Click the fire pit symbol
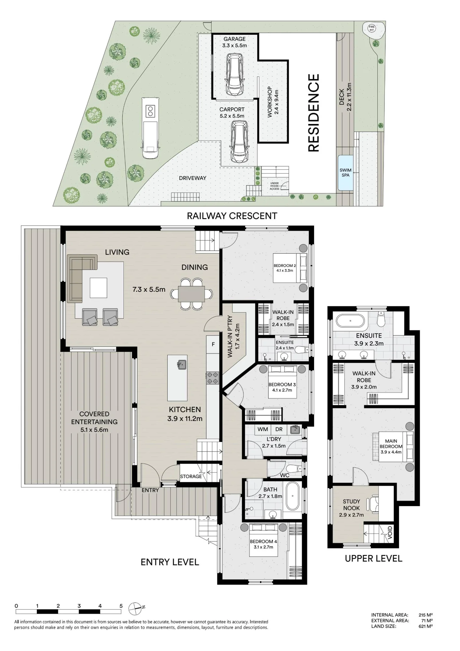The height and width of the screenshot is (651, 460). click(x=371, y=28)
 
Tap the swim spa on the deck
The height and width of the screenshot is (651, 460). click(x=345, y=173)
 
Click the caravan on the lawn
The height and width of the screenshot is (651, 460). click(x=150, y=127)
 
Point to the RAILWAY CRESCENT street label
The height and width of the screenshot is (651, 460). click(x=232, y=216)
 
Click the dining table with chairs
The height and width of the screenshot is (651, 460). click(x=191, y=294)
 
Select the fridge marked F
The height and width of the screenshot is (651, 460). click(x=213, y=344)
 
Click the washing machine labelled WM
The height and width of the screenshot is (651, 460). click(x=263, y=429)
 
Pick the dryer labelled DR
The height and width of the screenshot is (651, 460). click(x=279, y=429)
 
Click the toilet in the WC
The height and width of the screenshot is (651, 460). click(x=295, y=469)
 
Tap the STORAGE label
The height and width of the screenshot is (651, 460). click(x=191, y=477)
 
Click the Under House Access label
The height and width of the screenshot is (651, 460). click(x=274, y=186)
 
